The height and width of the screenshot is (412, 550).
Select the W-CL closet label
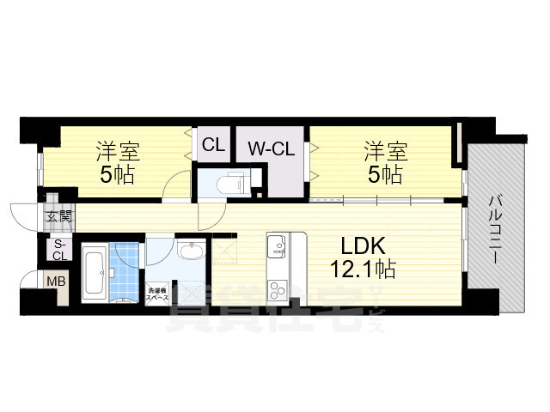[271, 148]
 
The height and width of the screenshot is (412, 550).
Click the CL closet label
[213, 145]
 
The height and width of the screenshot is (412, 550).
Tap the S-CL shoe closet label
[59, 250]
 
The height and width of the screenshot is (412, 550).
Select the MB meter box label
[55, 281]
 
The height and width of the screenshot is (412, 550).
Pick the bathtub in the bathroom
[95, 272]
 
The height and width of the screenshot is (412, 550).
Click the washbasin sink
[191, 251]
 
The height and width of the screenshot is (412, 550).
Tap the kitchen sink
[277, 247]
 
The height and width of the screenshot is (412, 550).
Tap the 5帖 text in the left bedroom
[118, 176]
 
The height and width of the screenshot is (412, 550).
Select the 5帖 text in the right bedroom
[384, 176]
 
